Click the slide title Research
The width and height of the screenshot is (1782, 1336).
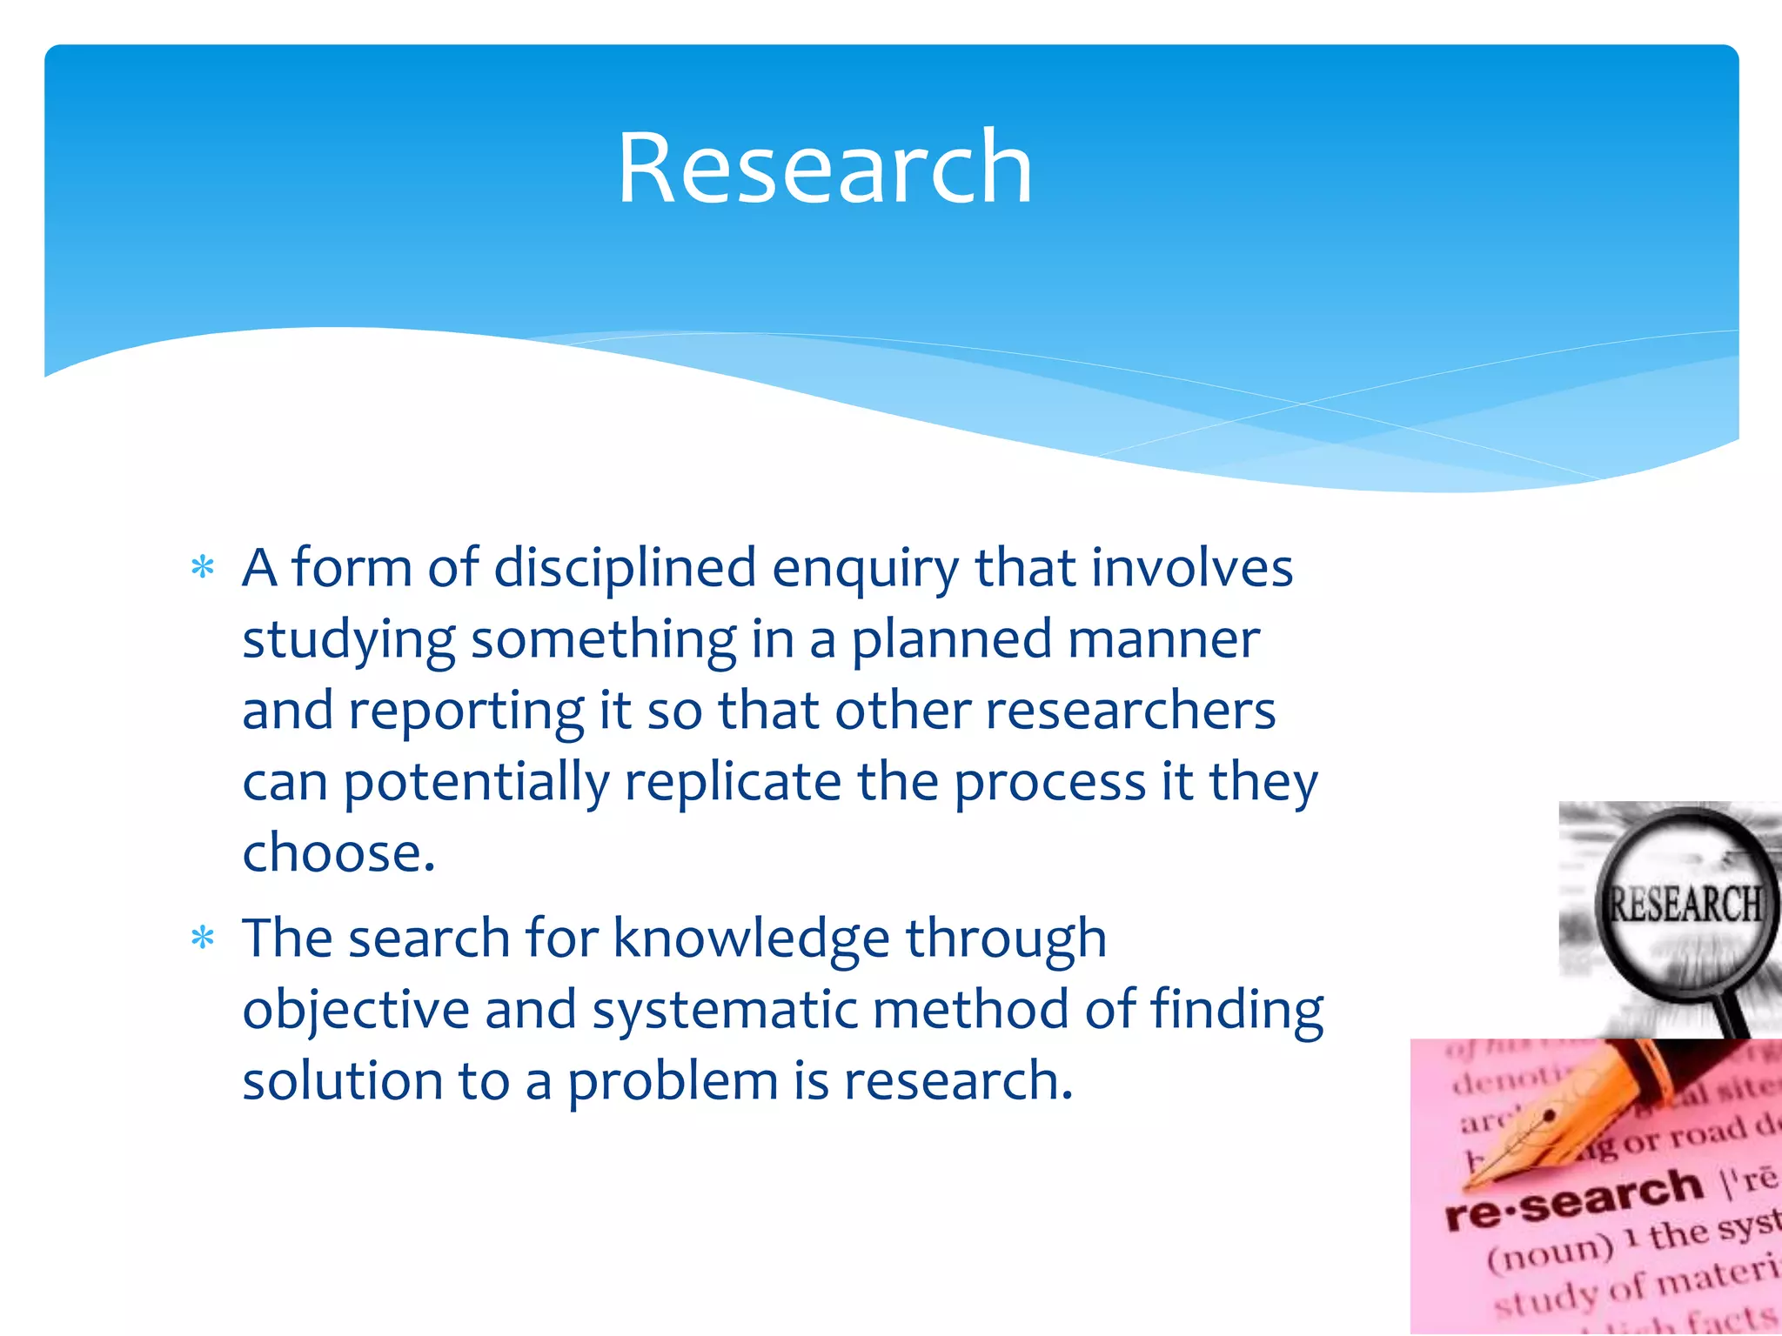tap(824, 167)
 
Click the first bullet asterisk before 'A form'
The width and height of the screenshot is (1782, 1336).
tap(203, 568)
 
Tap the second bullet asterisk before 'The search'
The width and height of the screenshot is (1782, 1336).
tap(203, 939)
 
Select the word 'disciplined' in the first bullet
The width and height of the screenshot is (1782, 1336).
tap(625, 568)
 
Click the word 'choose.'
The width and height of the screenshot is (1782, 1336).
tap(338, 852)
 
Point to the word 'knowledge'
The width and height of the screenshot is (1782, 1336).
tap(751, 939)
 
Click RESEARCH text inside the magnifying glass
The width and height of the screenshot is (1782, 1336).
tap(1685, 905)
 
